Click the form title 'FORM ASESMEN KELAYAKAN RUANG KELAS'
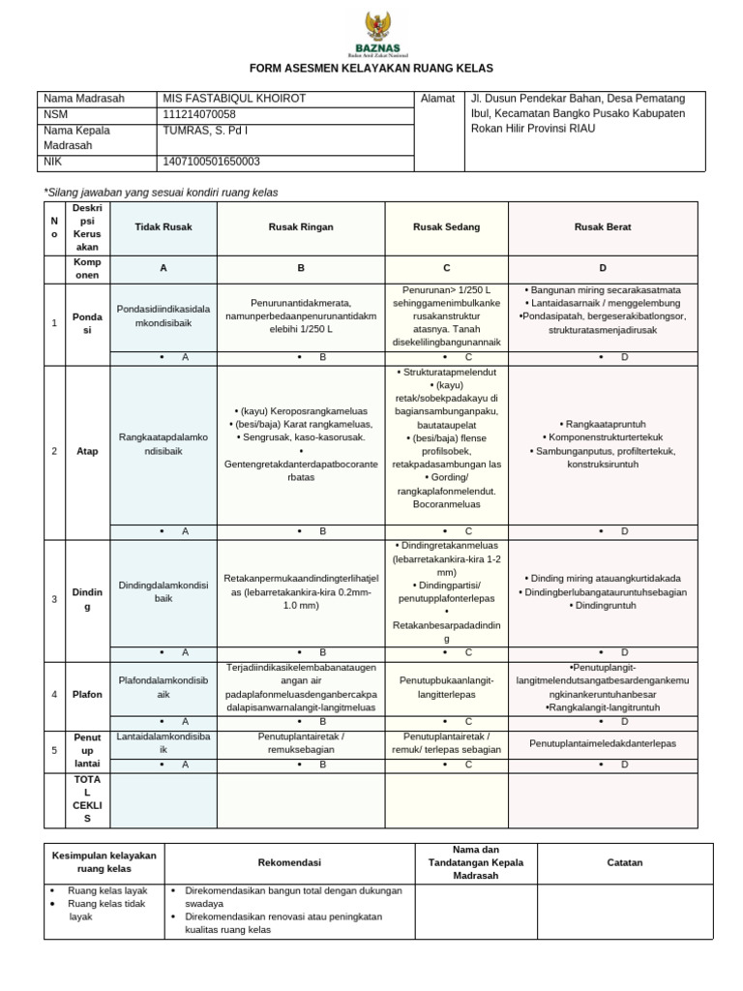click(371, 69)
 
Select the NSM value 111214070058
click(200, 114)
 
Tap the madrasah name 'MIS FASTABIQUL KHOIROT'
click(222, 99)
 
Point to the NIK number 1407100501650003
click(212, 162)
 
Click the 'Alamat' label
click(438, 99)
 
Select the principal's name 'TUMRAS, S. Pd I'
click(206, 130)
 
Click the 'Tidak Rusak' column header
click(163, 226)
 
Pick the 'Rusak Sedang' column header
click(446, 226)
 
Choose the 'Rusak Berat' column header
click(603, 226)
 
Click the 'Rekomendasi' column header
click(289, 862)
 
